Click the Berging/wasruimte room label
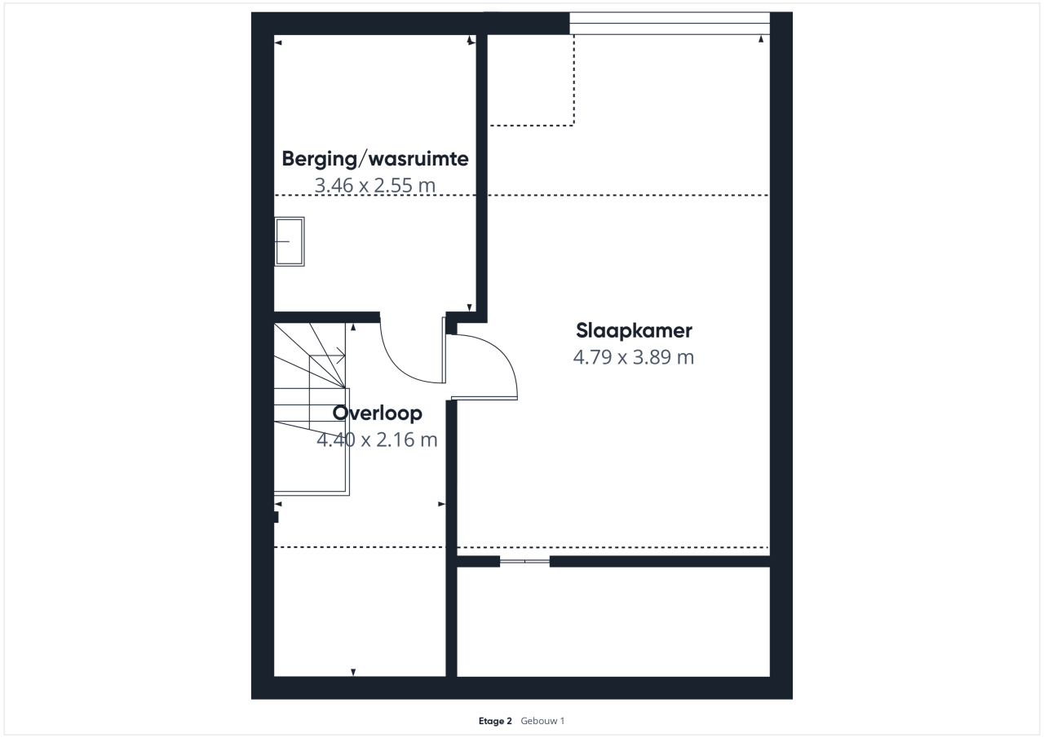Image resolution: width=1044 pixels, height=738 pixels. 375,159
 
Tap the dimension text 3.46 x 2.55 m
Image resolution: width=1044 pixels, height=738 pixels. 375,185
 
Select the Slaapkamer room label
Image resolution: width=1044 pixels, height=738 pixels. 634,331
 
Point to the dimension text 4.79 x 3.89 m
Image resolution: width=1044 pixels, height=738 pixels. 634,357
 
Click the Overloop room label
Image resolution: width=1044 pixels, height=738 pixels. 378,413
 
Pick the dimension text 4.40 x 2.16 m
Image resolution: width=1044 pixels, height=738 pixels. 377,440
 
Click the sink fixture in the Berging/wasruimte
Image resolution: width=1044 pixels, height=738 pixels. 290,242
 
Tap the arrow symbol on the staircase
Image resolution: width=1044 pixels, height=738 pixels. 340,356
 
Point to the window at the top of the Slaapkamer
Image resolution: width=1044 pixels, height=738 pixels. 670,24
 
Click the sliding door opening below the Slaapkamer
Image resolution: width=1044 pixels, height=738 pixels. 524,561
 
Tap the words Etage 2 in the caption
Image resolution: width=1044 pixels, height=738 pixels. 495,721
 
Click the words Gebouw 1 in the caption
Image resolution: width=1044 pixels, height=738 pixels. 542,721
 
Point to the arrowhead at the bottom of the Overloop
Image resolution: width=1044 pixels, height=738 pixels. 353,672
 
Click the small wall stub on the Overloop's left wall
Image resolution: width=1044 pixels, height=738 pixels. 276,517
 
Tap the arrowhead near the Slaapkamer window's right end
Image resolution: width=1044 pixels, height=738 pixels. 761,39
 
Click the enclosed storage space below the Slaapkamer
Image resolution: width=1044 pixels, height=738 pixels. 613,621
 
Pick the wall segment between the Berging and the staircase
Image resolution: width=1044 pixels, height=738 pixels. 327,317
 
